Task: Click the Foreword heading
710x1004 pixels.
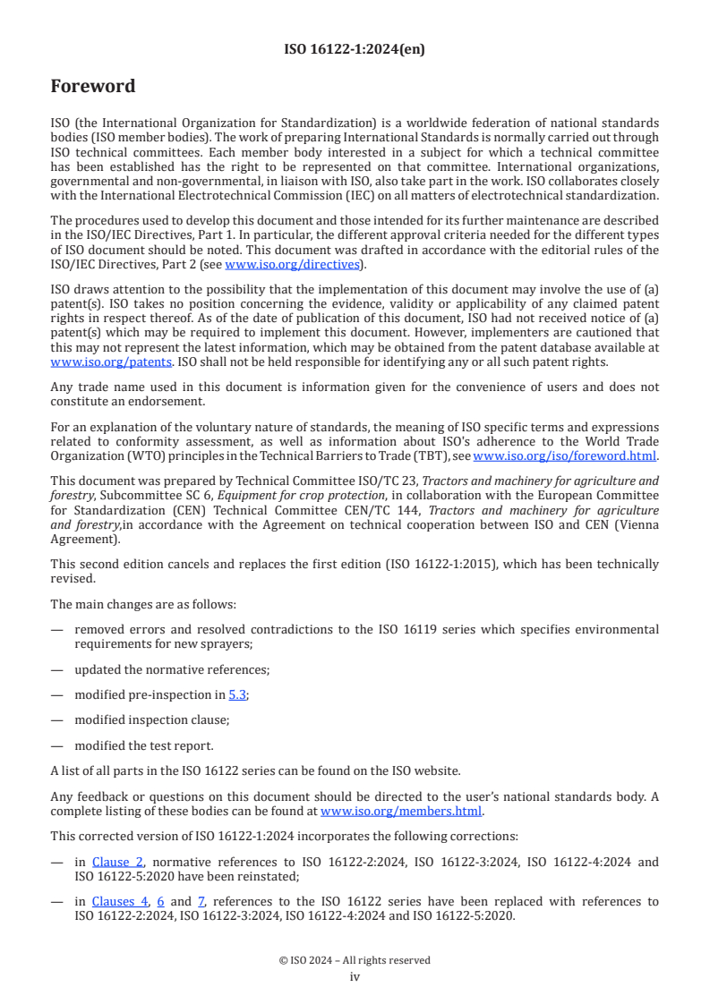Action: click(92, 87)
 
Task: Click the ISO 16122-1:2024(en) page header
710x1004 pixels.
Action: click(355, 50)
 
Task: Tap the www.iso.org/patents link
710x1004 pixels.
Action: click(85, 363)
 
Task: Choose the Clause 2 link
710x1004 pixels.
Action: click(117, 863)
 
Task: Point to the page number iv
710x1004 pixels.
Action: click(355, 977)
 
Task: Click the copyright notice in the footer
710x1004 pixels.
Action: click(355, 960)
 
